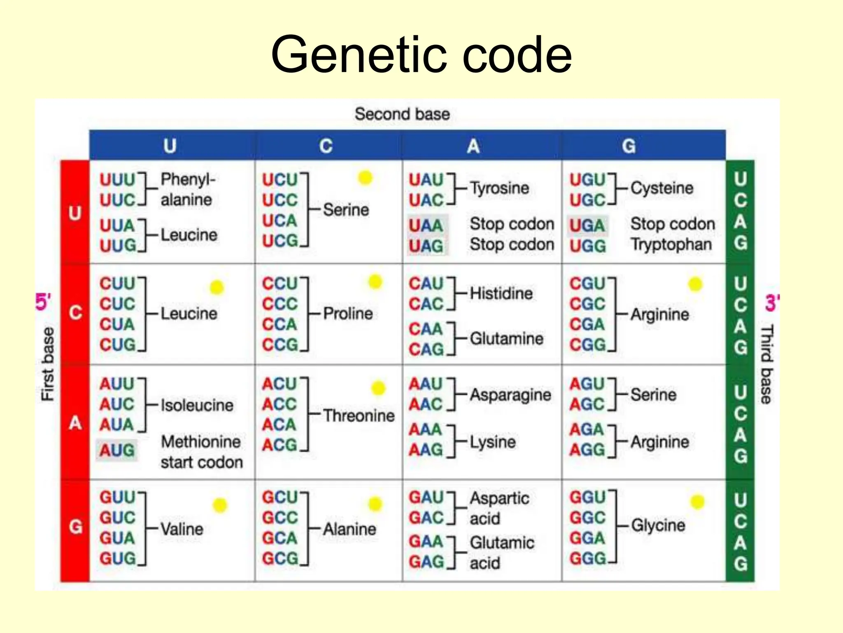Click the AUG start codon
point(117,450)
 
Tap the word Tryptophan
point(671,245)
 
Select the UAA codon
point(426,225)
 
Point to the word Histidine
point(501,293)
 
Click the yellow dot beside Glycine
point(697,502)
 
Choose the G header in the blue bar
point(629,146)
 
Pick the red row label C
point(75,313)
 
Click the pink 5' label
point(43,302)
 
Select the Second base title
point(402,114)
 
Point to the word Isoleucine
point(197,406)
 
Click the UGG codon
point(587,246)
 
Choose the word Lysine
point(493,442)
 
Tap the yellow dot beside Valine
point(220,505)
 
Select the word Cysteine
point(662,188)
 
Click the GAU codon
point(426,497)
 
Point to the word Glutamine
point(506,339)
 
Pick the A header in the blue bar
point(473,146)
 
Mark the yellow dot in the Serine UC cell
point(365,178)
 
